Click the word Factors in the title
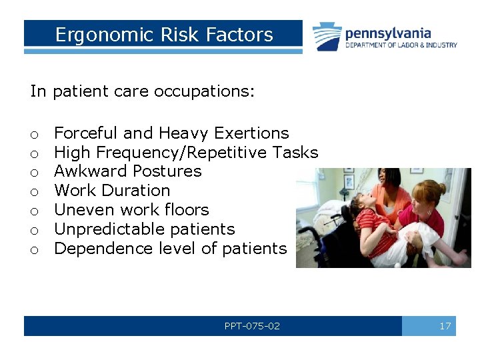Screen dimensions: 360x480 [x=244, y=35]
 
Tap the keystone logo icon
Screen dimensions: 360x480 [x=327, y=37]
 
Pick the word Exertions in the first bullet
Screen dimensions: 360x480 [x=251, y=133]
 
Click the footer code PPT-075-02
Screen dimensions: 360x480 [x=252, y=326]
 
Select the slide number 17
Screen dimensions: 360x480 [x=445, y=326]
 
